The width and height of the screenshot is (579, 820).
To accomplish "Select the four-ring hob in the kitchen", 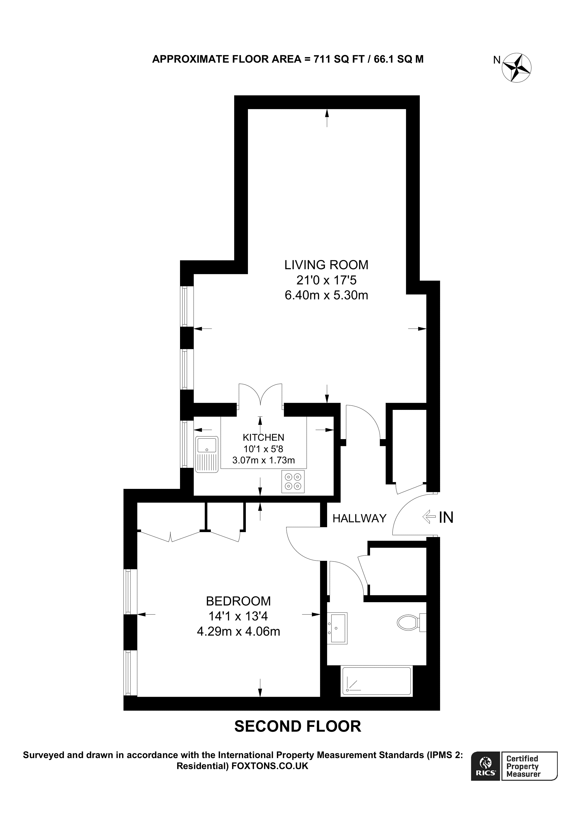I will pos(293,482).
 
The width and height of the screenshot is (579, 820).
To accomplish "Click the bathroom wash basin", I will pos(337,628).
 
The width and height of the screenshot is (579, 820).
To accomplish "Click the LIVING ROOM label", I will pos(326,265).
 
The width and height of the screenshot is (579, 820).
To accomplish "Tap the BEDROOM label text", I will pos(238,601).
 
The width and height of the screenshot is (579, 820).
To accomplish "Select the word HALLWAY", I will pos(359,518).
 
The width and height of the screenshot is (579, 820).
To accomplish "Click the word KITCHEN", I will pos(263,438).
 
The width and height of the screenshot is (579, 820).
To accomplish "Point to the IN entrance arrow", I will pos(429,517).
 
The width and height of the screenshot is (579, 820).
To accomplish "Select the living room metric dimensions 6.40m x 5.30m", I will pos(326,295).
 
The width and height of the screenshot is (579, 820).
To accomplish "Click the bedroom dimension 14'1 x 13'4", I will pos(238,616).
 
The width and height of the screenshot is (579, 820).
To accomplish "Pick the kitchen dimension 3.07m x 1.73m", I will pos(263,460).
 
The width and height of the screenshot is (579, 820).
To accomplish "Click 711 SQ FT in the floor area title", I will pos(338,59).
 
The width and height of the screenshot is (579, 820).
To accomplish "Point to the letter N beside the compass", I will pos(497,60).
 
